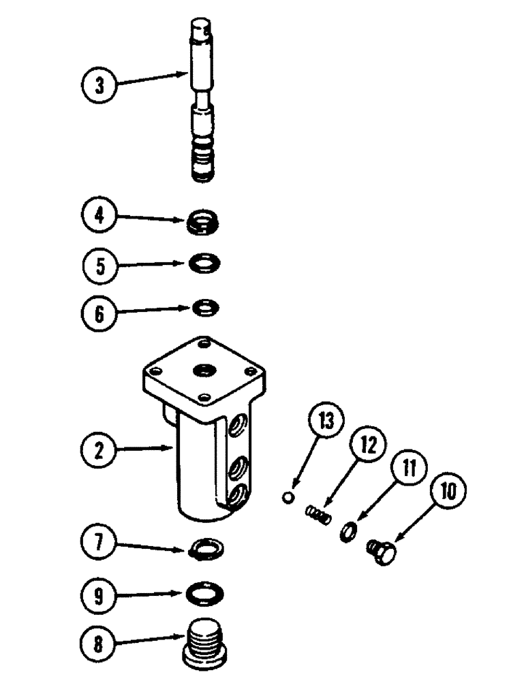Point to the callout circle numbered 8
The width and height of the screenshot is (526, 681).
point(99,644)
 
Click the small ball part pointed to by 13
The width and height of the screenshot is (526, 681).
point(288,499)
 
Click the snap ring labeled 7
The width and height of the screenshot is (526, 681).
point(204,545)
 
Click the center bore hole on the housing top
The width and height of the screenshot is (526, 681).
point(204,371)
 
